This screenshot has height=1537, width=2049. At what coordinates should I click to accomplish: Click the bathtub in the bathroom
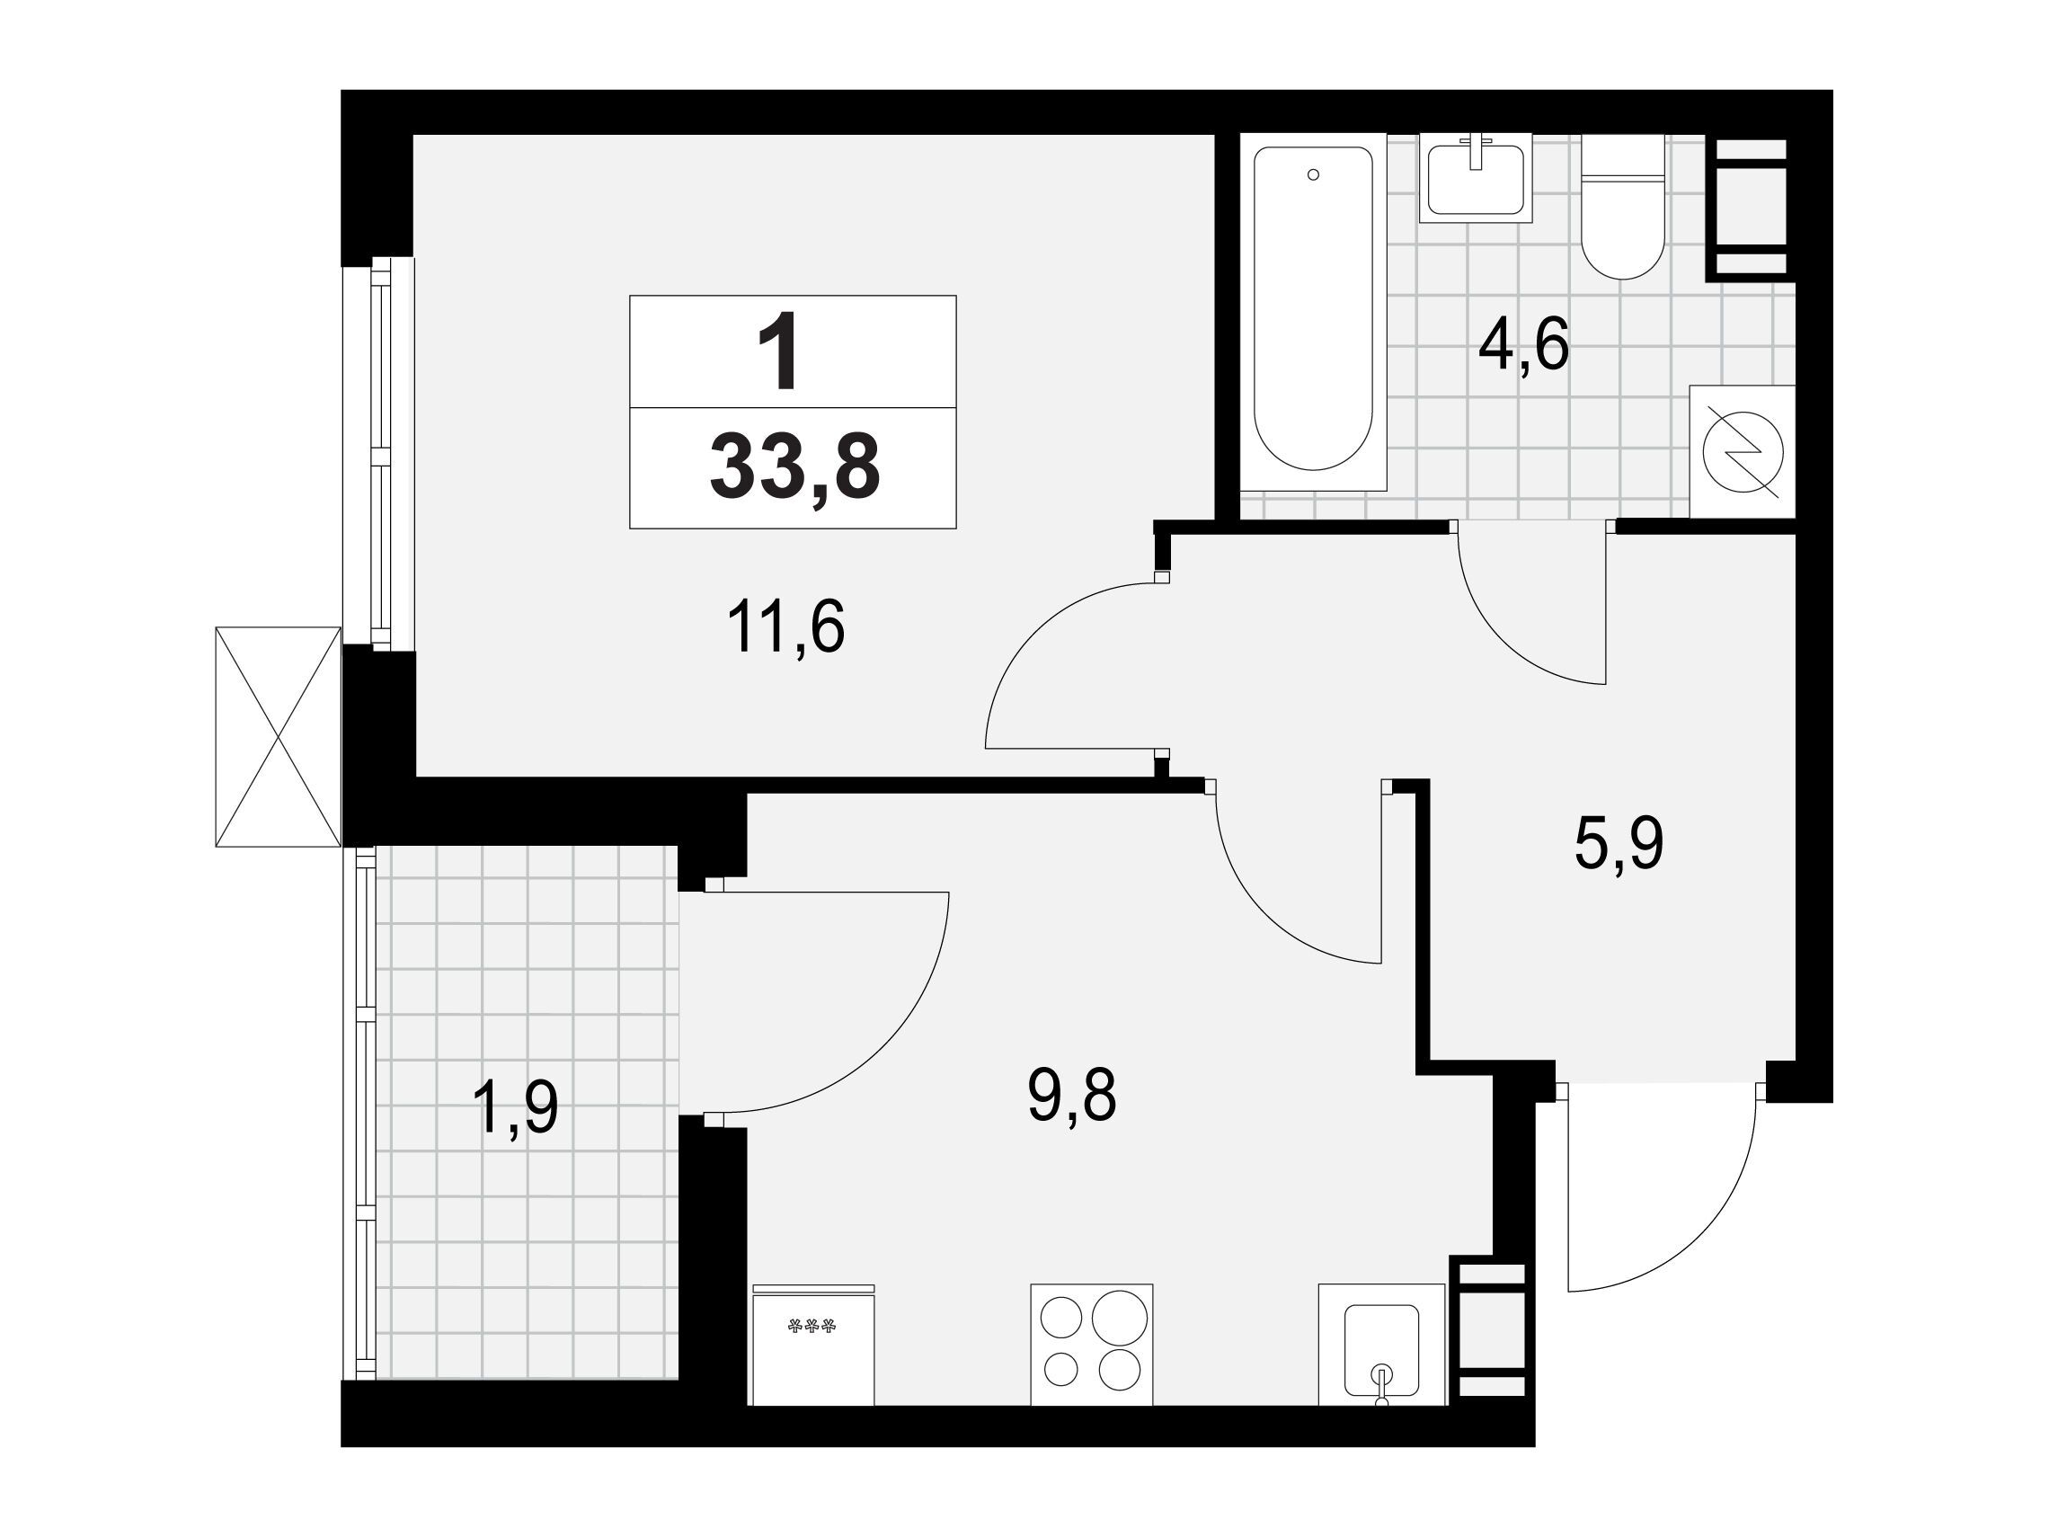click(1313, 311)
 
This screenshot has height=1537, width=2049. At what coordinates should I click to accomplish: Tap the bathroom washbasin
click(1476, 178)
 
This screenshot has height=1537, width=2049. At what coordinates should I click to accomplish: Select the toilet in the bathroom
click(1622, 207)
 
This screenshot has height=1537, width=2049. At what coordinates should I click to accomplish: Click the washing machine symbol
click(1743, 451)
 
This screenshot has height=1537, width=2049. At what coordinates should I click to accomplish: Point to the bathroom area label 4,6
click(1524, 343)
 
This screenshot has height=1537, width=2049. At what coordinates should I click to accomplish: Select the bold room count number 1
click(779, 352)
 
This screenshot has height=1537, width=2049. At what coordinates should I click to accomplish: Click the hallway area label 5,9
click(1619, 845)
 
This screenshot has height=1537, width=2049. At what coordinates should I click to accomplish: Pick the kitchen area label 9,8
click(1072, 1095)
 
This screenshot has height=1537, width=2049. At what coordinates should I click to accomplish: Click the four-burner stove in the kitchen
click(1092, 1344)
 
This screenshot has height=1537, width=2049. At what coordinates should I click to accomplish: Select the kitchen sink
click(1381, 1345)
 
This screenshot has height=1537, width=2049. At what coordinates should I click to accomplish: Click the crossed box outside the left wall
click(278, 736)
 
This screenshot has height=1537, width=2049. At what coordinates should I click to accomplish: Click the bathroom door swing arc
click(1501, 635)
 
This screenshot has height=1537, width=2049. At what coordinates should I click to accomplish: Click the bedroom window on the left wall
click(378, 454)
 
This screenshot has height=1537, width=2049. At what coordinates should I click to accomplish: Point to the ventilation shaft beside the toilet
click(1746, 207)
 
